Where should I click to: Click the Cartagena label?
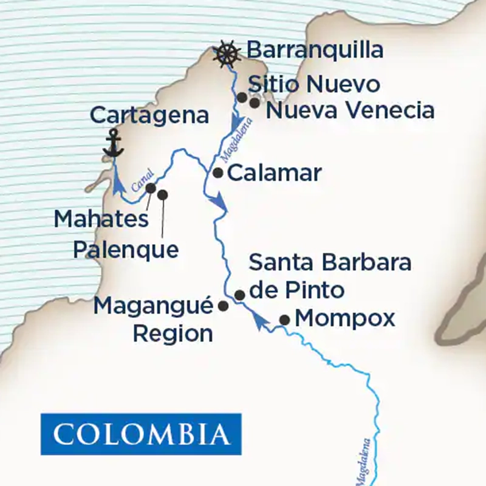(x=149, y=115)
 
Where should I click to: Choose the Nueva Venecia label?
(x=351, y=111)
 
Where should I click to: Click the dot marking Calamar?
(x=218, y=173)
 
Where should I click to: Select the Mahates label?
(x=101, y=219)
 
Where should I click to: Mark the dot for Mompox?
(x=284, y=320)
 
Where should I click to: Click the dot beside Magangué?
(x=223, y=306)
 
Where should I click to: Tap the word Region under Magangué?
(x=173, y=333)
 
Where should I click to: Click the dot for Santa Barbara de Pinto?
(x=239, y=295)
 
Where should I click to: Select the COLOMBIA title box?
(x=141, y=434)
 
